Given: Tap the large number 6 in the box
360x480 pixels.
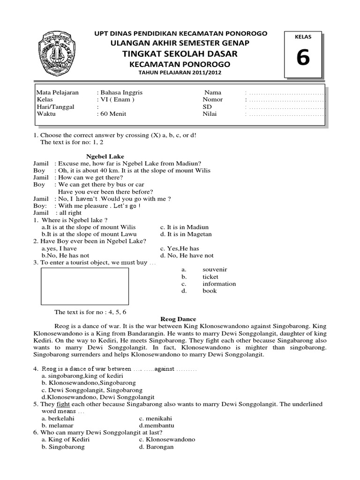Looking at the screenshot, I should click(x=303, y=60).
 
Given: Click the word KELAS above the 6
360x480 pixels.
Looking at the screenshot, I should click(x=303, y=36).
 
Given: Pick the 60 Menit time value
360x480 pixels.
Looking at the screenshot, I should click(x=112, y=113).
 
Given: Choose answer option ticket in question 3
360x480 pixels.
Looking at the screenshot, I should click(x=210, y=277).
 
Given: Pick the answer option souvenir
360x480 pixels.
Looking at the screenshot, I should click(x=215, y=270).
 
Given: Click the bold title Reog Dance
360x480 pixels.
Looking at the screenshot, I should click(x=180, y=319).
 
